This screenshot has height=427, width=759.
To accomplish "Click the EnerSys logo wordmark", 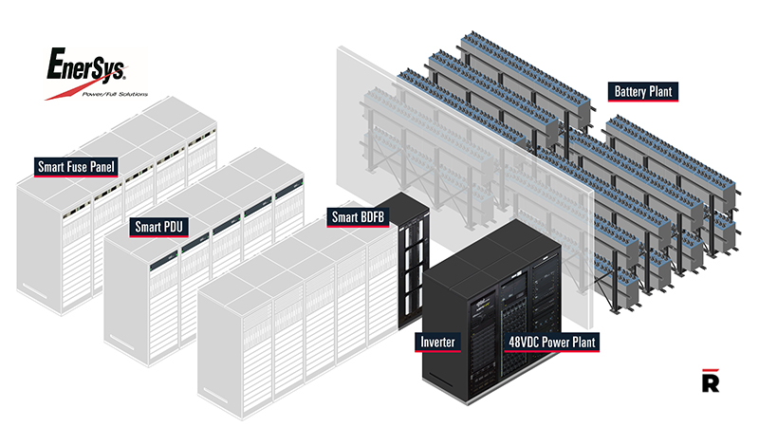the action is tap(86, 65).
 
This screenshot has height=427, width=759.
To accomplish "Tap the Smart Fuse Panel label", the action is tap(76, 167).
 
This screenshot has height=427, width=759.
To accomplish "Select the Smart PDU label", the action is tap(158, 227).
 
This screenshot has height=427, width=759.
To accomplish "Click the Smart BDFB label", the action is tap(358, 217).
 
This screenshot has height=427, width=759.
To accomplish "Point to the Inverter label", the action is tap(437, 343).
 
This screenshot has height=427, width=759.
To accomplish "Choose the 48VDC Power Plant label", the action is tap(552, 343).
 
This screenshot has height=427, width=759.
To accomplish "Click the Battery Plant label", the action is tap(643, 91).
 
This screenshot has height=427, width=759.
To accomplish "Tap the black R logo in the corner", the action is tap(711, 381).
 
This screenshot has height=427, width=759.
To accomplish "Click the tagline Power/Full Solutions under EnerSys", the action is tap(115, 94).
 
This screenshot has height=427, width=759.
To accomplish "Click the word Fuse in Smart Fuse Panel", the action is tap(77, 167).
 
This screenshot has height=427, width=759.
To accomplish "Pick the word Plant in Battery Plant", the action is tap(660, 91).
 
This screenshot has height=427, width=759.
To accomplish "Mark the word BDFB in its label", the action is tap(372, 217).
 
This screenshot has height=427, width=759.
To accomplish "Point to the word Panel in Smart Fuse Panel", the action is tap(102, 167).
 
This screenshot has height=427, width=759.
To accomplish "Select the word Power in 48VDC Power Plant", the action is tap(555, 343).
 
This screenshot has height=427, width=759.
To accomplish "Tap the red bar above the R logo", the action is tap(711, 370).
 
